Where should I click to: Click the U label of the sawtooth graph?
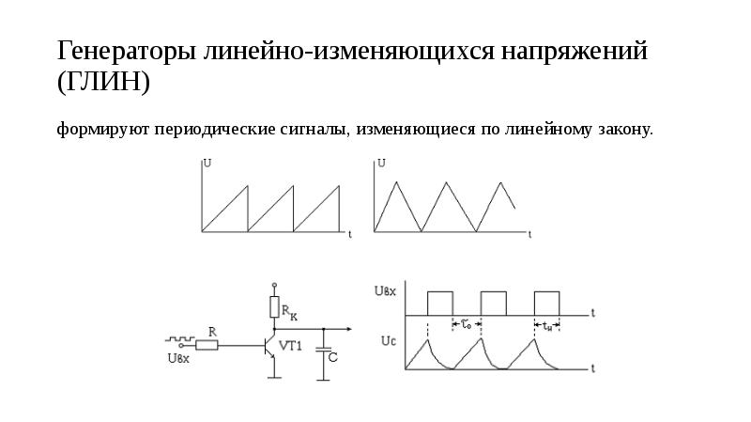pyautogui.click(x=207, y=163)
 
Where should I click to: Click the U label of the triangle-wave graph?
pyautogui.click(x=381, y=163)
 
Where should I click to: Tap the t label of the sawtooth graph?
pyautogui.click(x=350, y=232)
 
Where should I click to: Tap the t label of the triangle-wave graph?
pyautogui.click(x=529, y=232)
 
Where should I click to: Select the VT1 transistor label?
pyautogui.click(x=291, y=345)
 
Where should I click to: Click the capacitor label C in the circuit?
pyautogui.click(x=332, y=359)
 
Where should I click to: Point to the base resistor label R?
pyautogui.click(x=213, y=331)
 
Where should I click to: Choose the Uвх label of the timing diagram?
pyautogui.click(x=385, y=292)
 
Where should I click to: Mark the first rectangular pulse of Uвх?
pyautogui.click(x=439, y=302)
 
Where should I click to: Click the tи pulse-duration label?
pyautogui.click(x=547, y=326)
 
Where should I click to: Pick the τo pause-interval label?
pyautogui.click(x=467, y=325)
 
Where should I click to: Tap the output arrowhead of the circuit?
pyautogui.click(x=348, y=329)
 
